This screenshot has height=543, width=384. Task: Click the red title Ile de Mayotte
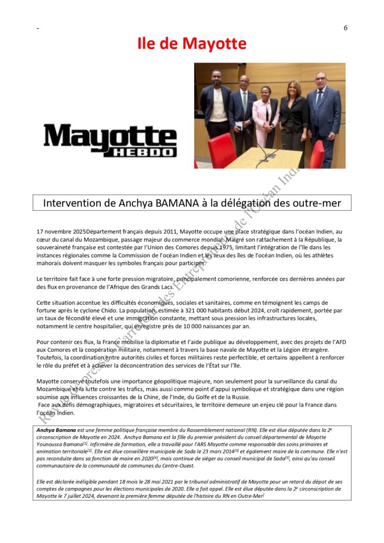(x=192, y=43)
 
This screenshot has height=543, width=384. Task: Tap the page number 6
(x=345, y=28)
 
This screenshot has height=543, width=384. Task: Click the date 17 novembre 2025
(x=61, y=232)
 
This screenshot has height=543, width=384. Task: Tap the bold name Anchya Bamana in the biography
(x=56, y=430)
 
